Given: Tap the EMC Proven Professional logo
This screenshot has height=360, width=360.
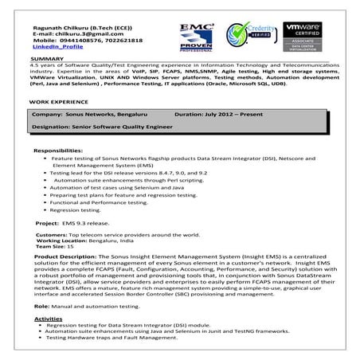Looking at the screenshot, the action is pyautogui.click(x=195, y=36).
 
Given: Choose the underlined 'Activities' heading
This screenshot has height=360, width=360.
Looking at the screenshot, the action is pyautogui.click(x=48, y=318).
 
